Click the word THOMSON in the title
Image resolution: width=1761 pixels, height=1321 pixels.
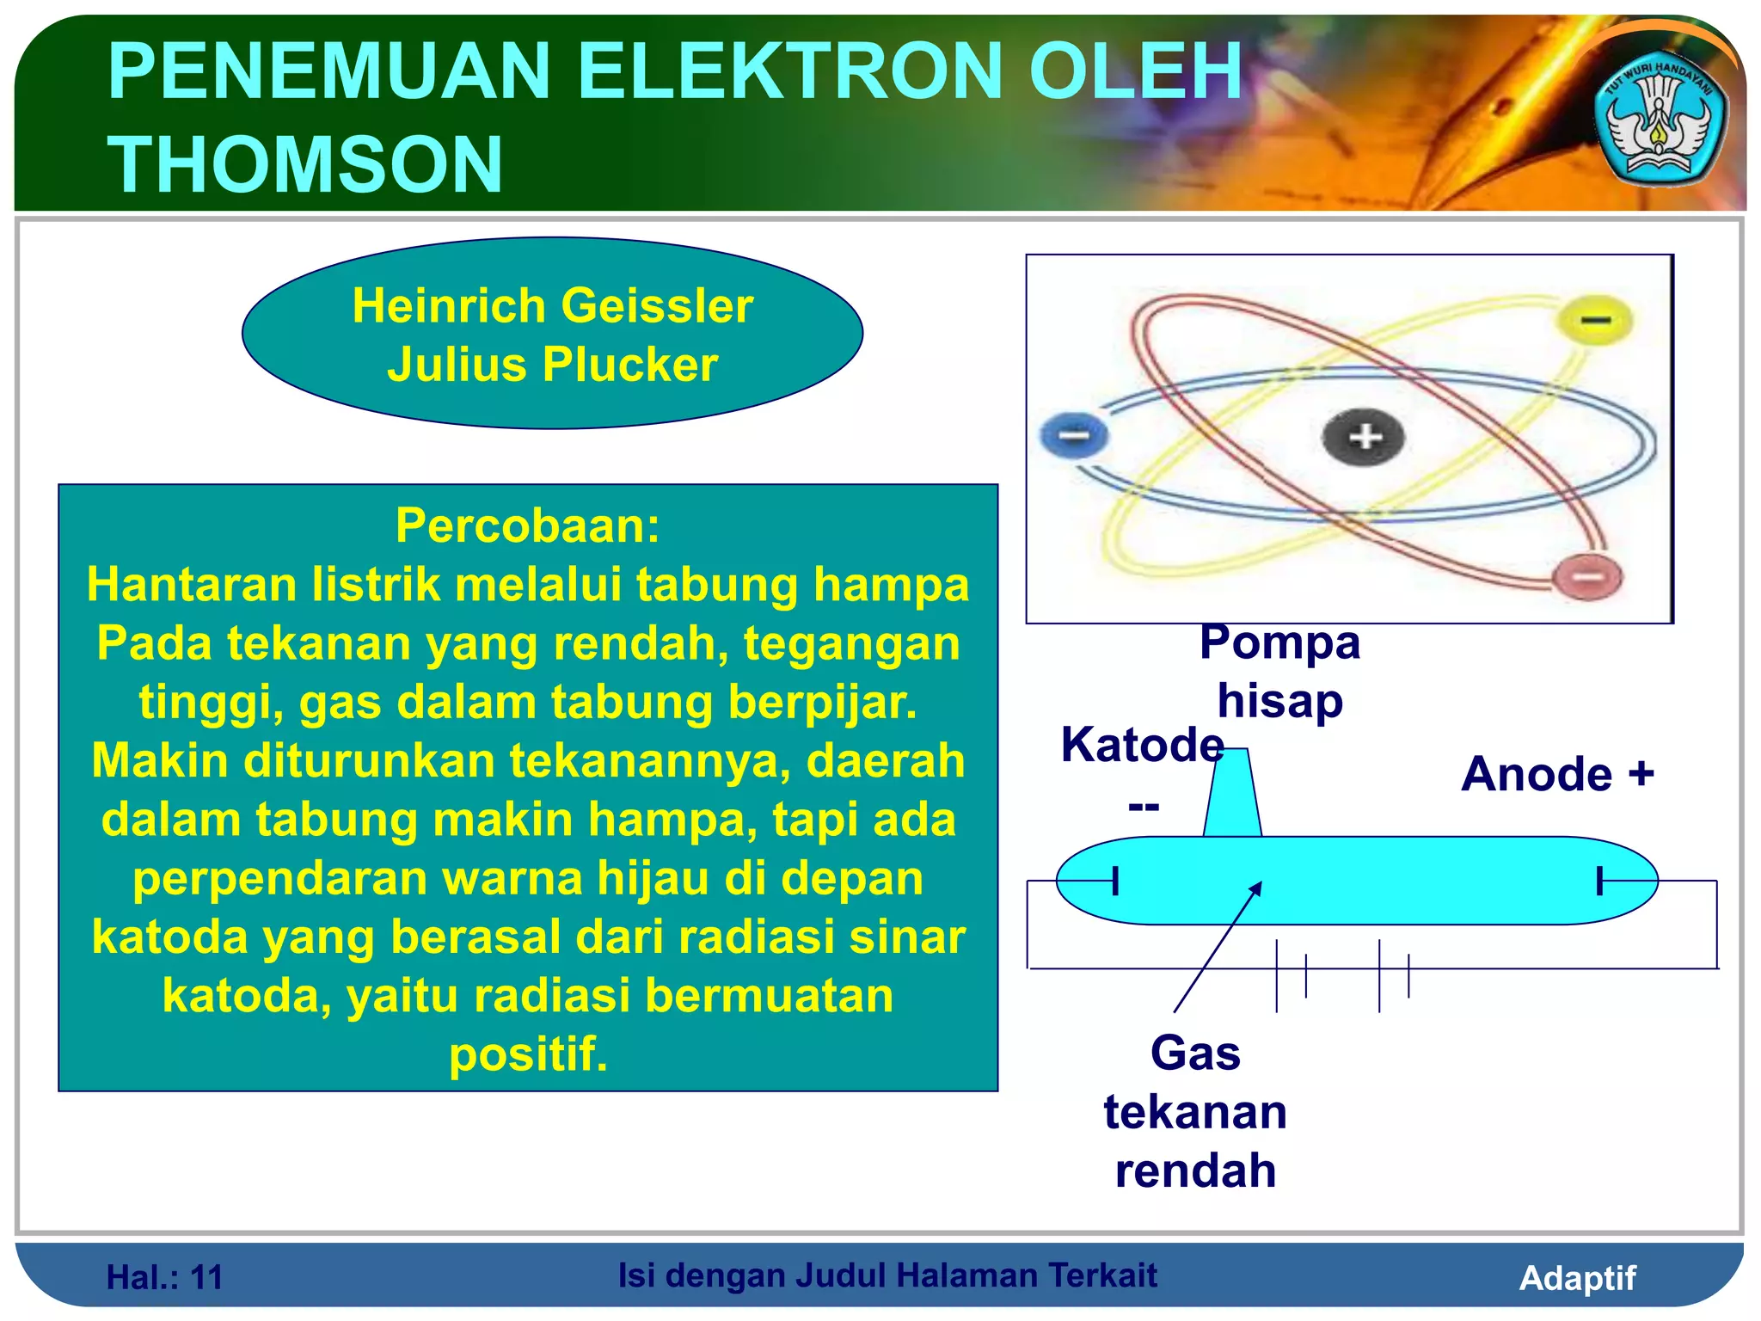click(305, 164)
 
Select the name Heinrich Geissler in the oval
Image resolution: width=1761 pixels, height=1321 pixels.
click(553, 305)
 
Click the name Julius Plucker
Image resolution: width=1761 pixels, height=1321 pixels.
click(552, 365)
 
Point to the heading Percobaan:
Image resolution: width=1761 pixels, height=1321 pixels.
click(527, 525)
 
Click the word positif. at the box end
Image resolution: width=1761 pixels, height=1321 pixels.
click(528, 1054)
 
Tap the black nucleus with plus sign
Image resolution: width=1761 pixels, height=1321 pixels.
click(1363, 437)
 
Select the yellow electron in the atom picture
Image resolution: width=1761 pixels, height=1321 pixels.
click(1595, 321)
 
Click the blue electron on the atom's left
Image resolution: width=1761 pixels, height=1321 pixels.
click(1073, 435)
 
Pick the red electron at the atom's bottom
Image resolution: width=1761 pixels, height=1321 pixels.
click(1587, 576)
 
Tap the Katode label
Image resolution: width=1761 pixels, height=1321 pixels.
click(1142, 745)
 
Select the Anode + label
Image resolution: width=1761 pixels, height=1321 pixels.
click(1557, 774)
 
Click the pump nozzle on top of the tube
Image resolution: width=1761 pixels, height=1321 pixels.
click(1232, 794)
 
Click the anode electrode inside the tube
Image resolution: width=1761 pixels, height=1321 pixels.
click(1600, 881)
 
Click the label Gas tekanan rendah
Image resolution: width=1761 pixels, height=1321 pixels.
click(1195, 1112)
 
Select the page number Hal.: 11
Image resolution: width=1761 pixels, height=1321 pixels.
click(164, 1277)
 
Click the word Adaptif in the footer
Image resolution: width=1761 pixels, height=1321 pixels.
click(1577, 1277)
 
